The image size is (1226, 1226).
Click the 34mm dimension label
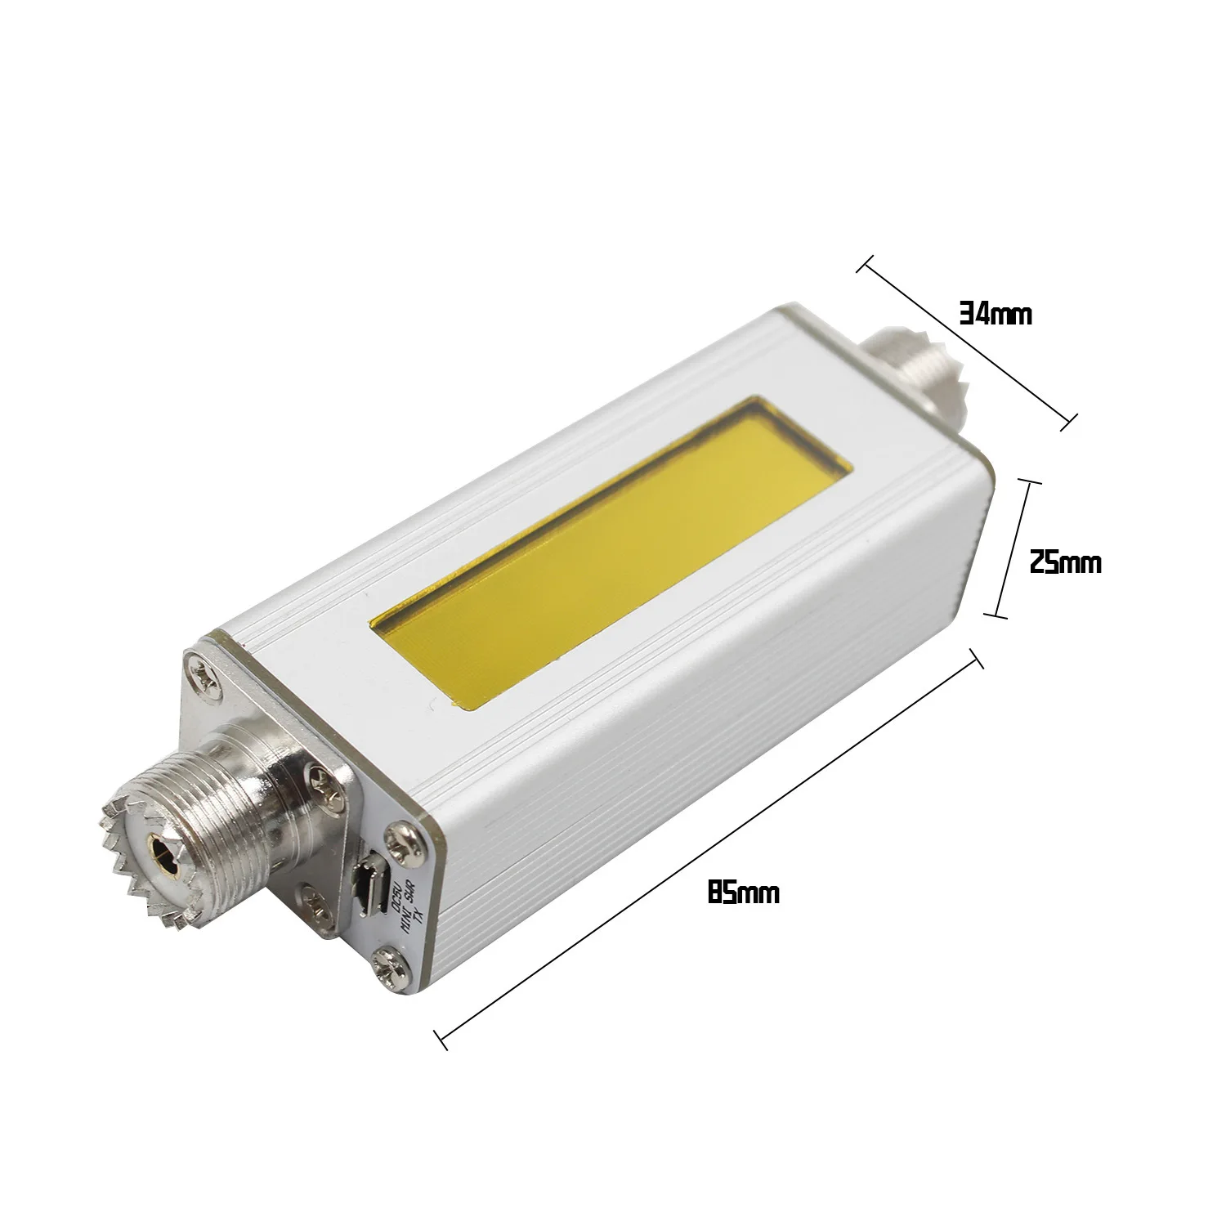(x=995, y=315)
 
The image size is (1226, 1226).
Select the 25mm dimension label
(x=1064, y=563)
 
